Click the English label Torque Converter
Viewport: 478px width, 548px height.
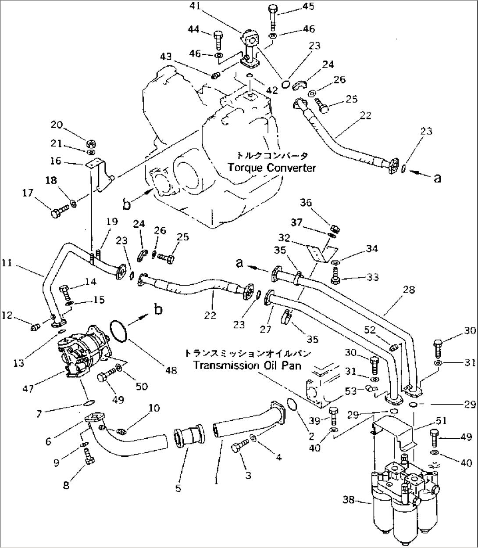click(x=271, y=168)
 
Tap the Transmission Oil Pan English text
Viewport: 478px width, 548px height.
click(x=247, y=365)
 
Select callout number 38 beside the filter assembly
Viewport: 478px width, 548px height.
click(x=349, y=500)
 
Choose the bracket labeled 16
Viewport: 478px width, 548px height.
click(x=100, y=174)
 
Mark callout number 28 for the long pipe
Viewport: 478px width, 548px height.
click(x=409, y=290)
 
